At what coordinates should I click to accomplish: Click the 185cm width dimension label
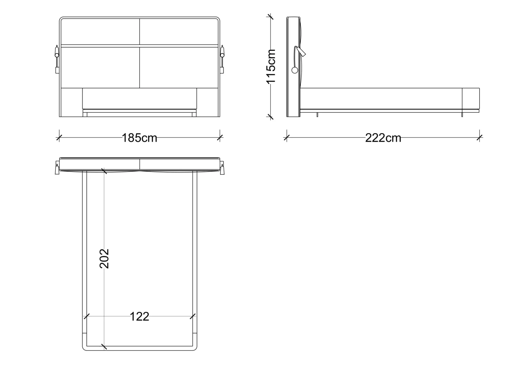coord(140,138)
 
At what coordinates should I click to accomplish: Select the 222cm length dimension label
coord(383,138)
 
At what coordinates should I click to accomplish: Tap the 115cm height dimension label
coord(271,67)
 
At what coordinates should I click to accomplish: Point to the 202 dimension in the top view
coord(104,259)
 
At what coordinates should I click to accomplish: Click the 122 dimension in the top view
coord(140,316)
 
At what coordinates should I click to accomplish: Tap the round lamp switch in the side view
coord(295,70)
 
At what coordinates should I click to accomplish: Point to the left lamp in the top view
coord(57,168)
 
